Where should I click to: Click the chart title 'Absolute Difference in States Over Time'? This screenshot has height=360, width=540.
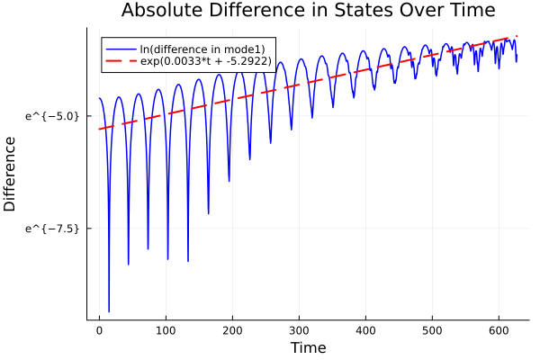pos(308,11)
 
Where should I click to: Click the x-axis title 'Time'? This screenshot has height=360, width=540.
pos(308,347)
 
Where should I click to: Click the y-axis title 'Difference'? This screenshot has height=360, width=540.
pos(10,174)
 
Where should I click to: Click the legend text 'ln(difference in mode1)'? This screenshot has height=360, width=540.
pos(195,48)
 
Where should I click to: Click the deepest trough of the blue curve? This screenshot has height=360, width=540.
pos(109,310)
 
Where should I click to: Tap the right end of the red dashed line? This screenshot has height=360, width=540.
pos(517,36)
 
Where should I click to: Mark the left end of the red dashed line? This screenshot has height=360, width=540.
pos(99,130)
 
